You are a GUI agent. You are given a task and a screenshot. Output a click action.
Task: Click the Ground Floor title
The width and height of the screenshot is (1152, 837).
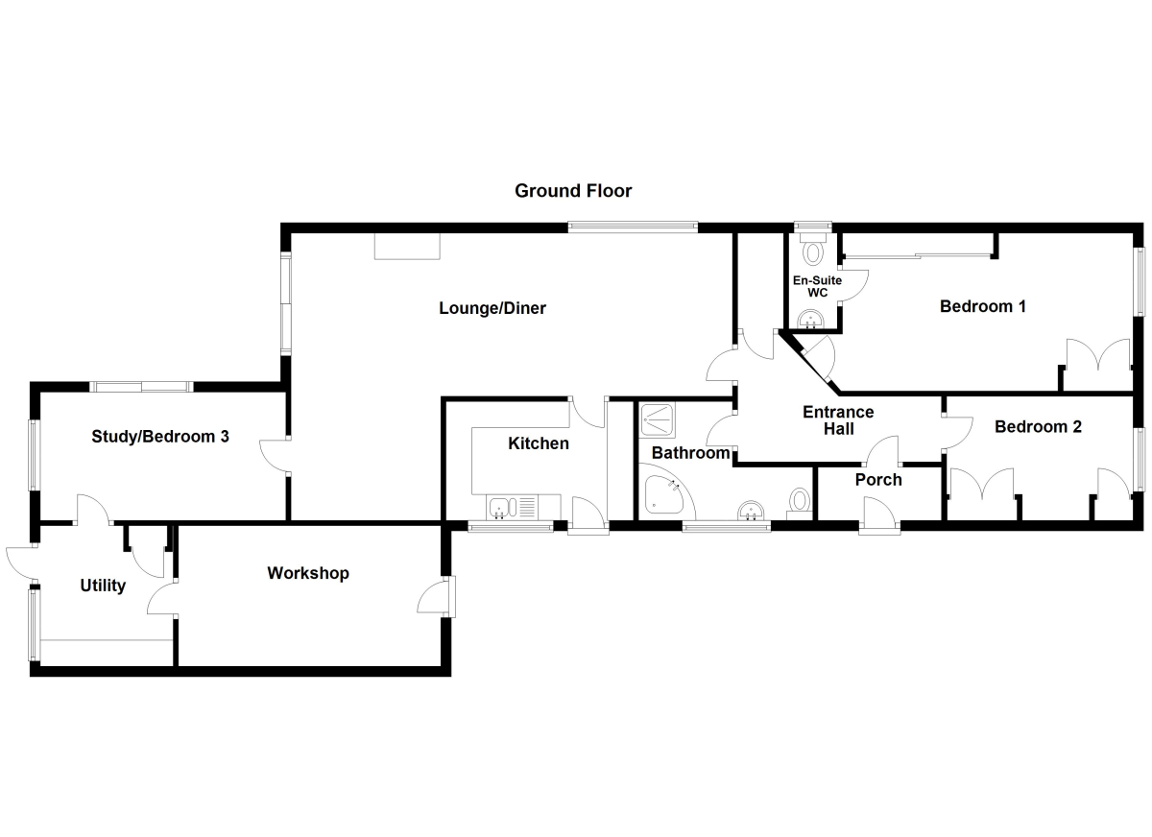coord(573,190)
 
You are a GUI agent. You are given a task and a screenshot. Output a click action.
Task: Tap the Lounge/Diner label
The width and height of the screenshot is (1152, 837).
coord(492,308)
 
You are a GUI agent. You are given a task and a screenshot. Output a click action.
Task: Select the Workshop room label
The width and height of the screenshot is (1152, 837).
coord(308,573)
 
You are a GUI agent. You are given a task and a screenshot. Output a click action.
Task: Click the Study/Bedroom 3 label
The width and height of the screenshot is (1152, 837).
coord(160,436)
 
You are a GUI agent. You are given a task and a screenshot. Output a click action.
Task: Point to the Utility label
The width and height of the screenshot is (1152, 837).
coord(103,586)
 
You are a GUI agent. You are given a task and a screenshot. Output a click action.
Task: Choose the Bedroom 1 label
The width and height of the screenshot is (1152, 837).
coord(983,306)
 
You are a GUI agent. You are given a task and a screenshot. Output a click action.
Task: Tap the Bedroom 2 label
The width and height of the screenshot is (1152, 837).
coord(1038,426)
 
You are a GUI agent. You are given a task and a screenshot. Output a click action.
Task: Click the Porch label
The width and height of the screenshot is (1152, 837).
coord(877,479)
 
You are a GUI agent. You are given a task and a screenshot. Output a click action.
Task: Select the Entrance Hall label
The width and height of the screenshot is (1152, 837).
coord(838,420)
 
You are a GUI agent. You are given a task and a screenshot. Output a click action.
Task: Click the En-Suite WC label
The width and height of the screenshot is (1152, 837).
coord(816,286)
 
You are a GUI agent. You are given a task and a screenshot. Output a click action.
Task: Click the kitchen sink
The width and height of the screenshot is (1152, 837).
coord(503,506)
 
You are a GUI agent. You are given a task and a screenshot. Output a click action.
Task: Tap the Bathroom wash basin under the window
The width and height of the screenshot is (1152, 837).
coord(751,512)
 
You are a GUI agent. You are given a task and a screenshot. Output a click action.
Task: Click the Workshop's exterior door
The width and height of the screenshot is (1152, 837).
coord(437,597)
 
